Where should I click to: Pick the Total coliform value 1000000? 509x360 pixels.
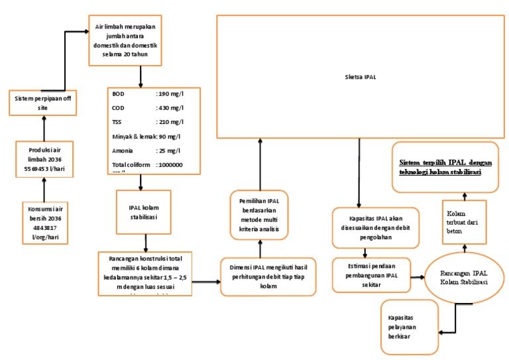(x=169, y=164)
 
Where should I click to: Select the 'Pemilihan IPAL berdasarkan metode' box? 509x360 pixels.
(x=259, y=213)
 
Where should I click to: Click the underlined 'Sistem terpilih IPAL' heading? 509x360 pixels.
(x=440, y=166)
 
